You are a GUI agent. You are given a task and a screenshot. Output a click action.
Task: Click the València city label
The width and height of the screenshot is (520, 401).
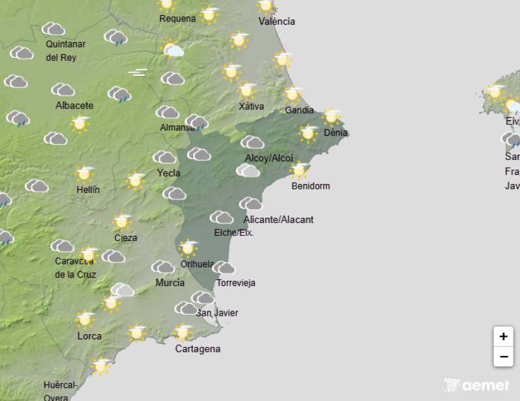[x=276, y=21]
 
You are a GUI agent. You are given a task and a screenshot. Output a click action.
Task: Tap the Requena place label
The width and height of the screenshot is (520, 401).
[x=177, y=19]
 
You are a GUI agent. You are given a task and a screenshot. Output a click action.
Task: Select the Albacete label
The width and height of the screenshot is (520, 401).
[x=74, y=105]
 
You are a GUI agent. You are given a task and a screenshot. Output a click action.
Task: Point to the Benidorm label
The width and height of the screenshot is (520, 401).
[x=311, y=186]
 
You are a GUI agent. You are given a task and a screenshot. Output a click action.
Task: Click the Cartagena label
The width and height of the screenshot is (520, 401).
[x=198, y=349]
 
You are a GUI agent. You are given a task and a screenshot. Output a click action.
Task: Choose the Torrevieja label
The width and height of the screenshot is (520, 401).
[x=236, y=283]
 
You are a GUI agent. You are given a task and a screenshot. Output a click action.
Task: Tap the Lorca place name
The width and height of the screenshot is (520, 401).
[x=89, y=336]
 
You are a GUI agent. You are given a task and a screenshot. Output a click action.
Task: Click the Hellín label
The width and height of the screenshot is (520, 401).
[x=88, y=190]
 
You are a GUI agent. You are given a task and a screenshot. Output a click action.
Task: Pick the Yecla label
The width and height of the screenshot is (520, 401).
[x=168, y=173]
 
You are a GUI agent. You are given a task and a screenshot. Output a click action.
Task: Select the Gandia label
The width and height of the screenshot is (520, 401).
[x=300, y=110]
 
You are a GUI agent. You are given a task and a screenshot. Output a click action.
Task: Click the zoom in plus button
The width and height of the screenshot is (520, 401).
[x=503, y=337]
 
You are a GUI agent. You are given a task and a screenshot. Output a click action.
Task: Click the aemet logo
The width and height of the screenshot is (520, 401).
[x=476, y=385]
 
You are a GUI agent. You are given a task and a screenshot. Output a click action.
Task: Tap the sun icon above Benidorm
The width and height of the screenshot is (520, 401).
[x=299, y=170]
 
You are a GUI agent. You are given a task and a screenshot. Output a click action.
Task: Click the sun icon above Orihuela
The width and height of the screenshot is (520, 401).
[x=188, y=248]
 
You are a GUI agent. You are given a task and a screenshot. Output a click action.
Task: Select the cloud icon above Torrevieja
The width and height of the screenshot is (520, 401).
[x=224, y=268]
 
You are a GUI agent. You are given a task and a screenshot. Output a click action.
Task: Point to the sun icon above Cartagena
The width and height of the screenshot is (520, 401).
[x=182, y=333]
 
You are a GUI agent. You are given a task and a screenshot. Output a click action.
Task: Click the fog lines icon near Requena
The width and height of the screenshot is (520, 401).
[x=138, y=73]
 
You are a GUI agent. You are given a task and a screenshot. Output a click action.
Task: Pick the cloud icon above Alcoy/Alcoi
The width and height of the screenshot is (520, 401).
[x=252, y=142]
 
